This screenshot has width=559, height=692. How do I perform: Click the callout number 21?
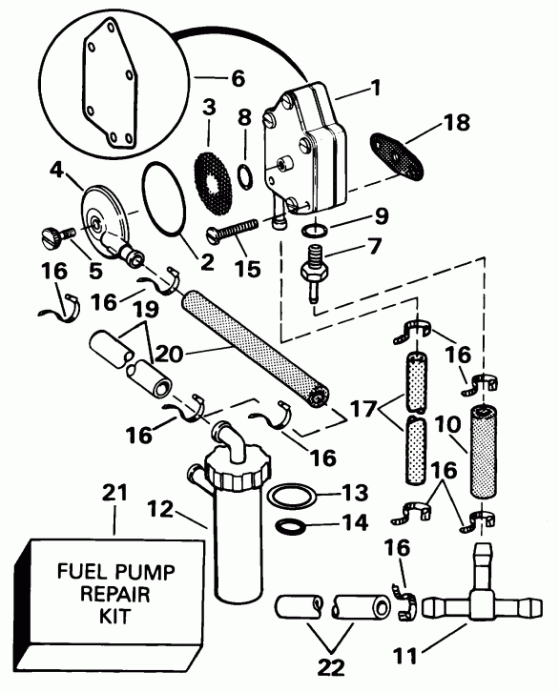pyautogui.click(x=114, y=496)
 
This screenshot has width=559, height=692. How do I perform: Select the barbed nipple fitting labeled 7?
pyautogui.click(x=312, y=270)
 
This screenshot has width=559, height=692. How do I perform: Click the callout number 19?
pyautogui.click(x=147, y=312)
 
